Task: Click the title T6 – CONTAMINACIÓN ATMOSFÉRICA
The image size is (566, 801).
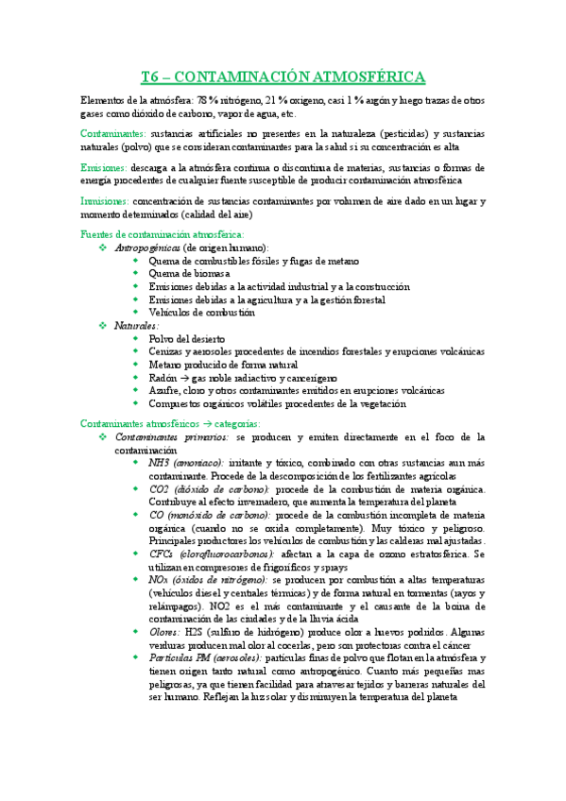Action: point(283,77)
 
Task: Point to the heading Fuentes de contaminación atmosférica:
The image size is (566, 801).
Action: point(163,233)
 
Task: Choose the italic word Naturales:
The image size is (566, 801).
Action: point(136,325)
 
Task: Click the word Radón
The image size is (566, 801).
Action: point(163,377)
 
